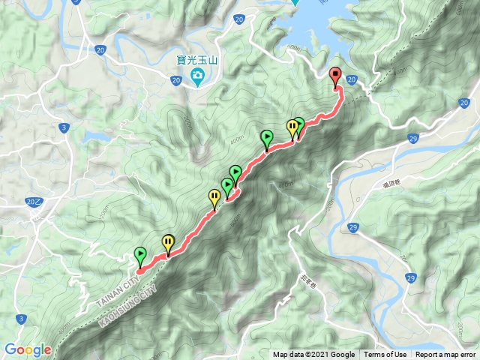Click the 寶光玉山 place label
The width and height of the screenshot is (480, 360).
coord(187,58)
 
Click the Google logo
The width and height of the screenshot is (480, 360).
coord(28,349)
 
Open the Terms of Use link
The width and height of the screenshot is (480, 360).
coord(385,355)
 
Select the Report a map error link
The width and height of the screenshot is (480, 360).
coord(445,355)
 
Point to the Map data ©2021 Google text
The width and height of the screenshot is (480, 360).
coord(313,355)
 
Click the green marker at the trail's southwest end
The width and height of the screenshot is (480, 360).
coord(140,254)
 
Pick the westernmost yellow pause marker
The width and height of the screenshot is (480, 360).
coord(168,243)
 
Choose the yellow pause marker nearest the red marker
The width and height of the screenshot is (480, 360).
coord(292,126)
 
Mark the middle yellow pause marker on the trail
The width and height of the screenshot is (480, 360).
coord(214,197)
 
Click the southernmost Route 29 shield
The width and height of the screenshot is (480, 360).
coord(412,278)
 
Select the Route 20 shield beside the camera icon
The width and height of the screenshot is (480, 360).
coord(175,80)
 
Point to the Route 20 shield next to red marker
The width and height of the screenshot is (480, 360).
coord(351,79)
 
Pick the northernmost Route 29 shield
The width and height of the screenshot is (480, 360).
coord(413,139)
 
